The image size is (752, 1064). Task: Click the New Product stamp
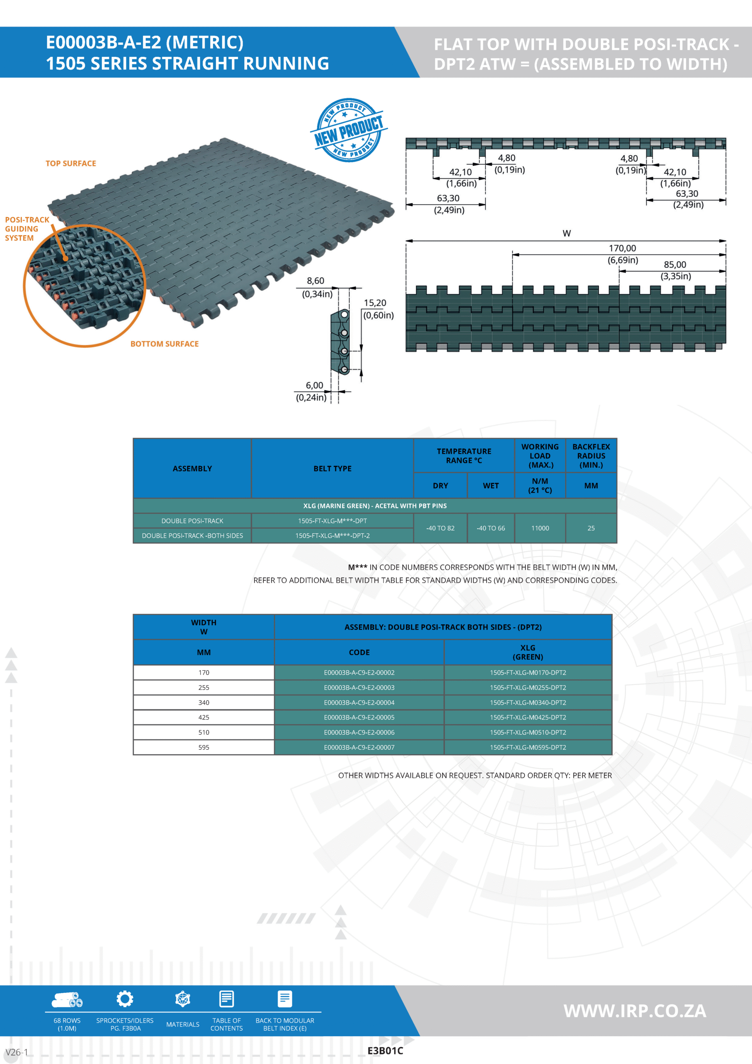click(349, 130)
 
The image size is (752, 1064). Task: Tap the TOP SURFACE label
click(71, 164)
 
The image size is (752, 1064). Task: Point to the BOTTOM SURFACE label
click(165, 344)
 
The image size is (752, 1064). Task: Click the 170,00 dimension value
click(622, 249)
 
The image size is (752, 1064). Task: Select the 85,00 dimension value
click(675, 265)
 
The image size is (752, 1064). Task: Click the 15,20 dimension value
click(375, 303)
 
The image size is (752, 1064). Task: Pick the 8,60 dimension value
click(315, 281)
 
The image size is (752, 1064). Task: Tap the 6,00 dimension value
click(314, 386)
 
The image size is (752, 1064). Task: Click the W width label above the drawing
click(567, 234)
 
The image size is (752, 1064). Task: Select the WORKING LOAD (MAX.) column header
click(540, 456)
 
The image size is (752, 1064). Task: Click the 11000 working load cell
click(540, 528)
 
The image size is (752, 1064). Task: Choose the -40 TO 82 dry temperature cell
click(440, 528)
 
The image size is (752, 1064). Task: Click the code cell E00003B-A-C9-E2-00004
click(359, 702)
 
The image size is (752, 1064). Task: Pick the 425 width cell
click(204, 717)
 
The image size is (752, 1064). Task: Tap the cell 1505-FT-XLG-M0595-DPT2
click(528, 747)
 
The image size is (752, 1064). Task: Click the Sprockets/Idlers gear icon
click(125, 999)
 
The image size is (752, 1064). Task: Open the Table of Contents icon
click(226, 999)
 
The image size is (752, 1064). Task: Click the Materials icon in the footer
click(182, 999)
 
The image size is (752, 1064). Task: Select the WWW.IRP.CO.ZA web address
click(635, 1011)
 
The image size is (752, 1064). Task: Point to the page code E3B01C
click(385, 1051)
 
